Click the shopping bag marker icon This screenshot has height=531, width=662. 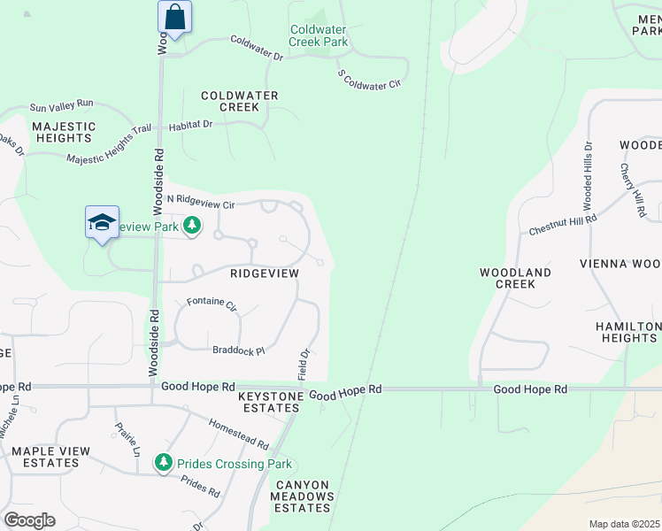point(175,17)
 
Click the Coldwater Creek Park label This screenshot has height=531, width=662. point(319,35)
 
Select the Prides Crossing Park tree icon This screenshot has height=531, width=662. point(163,463)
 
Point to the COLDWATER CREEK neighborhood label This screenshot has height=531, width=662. point(239,101)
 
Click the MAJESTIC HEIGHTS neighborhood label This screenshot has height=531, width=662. point(63,132)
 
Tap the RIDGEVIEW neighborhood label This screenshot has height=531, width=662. point(265,273)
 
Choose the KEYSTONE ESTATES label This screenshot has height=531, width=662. point(270,402)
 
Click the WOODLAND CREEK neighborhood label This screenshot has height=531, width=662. point(515,278)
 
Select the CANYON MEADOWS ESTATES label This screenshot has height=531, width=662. point(304,496)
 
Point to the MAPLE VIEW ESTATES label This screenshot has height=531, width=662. point(50,457)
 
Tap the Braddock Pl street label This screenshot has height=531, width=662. point(238,350)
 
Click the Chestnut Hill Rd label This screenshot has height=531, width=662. point(563,222)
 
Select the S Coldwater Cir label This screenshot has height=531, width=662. point(369,78)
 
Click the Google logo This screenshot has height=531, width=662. point(28,520)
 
